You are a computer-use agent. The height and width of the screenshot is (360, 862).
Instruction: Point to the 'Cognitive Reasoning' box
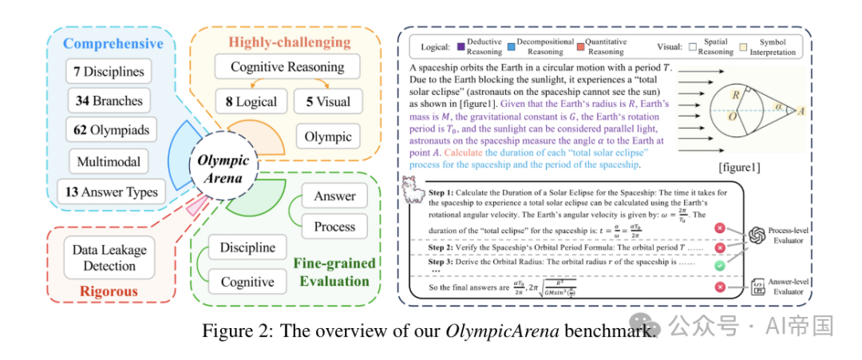point(287,67)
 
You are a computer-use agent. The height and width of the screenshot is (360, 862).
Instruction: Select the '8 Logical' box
point(251,101)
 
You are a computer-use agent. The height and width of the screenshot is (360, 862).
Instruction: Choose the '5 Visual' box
point(328,101)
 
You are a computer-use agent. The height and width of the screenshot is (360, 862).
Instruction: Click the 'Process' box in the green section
point(334,226)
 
